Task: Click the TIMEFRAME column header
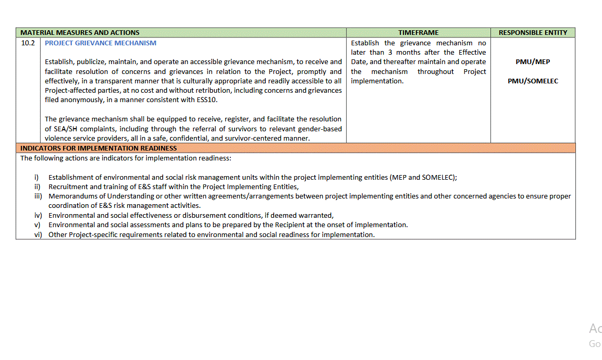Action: coord(419,32)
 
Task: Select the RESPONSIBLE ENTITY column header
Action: coord(533,32)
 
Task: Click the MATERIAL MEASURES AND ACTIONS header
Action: coord(80,32)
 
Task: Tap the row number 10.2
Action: coord(28,43)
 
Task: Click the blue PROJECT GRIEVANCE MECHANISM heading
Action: coord(101,43)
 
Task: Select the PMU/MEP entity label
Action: coord(533,61)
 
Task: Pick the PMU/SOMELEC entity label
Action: coord(533,81)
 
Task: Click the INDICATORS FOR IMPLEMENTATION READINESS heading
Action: coord(99,148)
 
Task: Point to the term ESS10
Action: coord(206,100)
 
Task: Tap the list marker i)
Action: coord(37,177)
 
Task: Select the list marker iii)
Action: coord(38,196)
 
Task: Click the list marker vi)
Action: coord(38,234)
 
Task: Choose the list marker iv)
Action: coord(38,215)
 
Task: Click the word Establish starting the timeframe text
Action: coord(365,43)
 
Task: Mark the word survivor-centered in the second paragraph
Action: coord(282,138)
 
